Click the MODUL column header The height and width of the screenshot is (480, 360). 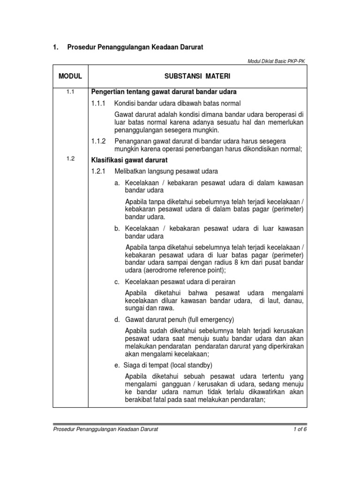pyautogui.click(x=70, y=75)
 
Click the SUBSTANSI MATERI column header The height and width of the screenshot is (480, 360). pyautogui.click(x=197, y=75)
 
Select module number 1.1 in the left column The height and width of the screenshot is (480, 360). pyautogui.click(x=70, y=91)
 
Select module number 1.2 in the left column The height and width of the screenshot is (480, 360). pyautogui.click(x=70, y=158)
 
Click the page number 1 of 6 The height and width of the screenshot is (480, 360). pyautogui.click(x=298, y=429)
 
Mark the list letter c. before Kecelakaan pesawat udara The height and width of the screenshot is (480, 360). pyautogui.click(x=117, y=282)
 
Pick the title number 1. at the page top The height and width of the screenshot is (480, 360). pyautogui.click(x=55, y=47)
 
